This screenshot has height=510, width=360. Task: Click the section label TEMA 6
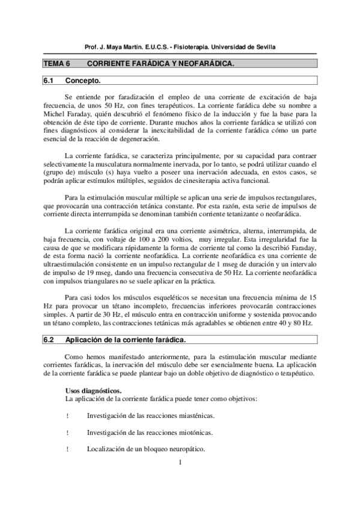click(x=56, y=63)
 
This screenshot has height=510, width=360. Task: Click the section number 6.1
click(x=49, y=80)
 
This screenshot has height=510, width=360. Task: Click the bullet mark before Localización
click(x=67, y=449)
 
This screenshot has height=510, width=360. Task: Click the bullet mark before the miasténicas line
click(x=67, y=416)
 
